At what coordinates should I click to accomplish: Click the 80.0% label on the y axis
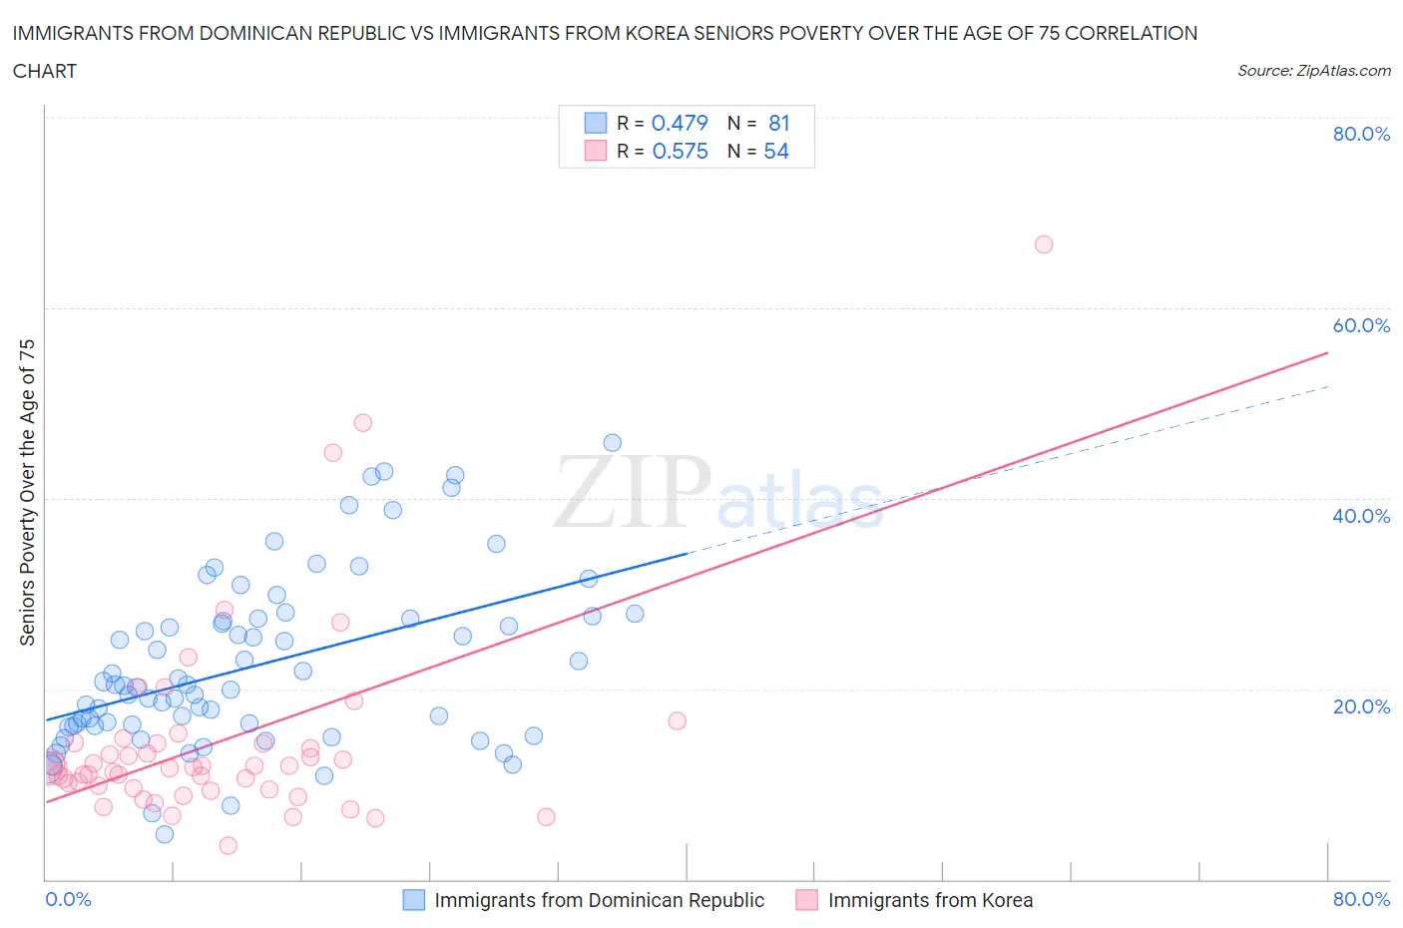(1361, 135)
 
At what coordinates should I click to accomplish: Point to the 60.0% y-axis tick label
(1361, 325)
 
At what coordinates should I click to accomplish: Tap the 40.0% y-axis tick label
(1361, 516)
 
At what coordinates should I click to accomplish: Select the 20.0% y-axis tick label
(1361, 706)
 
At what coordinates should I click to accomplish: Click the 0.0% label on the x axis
(68, 899)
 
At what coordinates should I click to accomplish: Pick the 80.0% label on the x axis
(1361, 899)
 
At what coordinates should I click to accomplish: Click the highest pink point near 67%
(1044, 244)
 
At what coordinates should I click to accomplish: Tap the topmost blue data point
(613, 443)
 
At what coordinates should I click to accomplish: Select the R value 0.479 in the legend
(680, 123)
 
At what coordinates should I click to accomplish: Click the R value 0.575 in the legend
(680, 151)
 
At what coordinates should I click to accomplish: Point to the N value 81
(778, 123)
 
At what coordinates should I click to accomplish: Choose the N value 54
(776, 151)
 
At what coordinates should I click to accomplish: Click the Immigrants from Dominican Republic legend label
(599, 900)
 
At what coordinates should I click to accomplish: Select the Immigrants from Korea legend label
(930, 900)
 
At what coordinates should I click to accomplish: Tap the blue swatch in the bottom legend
(414, 900)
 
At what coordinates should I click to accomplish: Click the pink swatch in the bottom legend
(807, 900)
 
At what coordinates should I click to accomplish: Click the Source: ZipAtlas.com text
(1313, 71)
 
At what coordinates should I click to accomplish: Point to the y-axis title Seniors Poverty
(27, 492)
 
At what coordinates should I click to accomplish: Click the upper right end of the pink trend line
(1327, 352)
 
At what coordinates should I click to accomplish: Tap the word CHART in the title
(45, 71)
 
